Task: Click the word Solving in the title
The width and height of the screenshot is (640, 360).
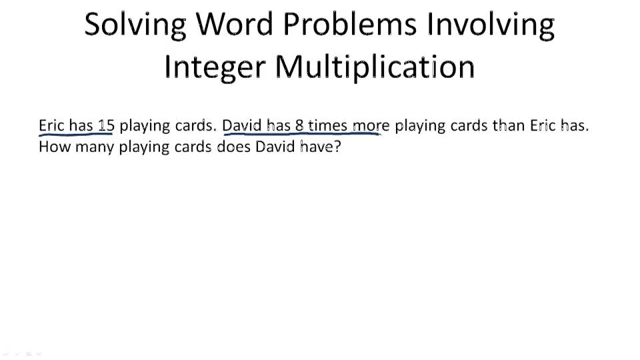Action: point(134,25)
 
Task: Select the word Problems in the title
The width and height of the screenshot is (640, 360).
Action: point(350,25)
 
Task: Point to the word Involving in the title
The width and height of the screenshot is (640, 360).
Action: point(491,25)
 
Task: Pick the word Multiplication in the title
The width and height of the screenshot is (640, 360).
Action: point(375,67)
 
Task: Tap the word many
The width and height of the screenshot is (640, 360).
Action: point(94,147)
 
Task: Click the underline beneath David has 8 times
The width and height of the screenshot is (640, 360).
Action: point(300,135)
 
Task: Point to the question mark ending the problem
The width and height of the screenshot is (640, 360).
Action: point(337,147)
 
